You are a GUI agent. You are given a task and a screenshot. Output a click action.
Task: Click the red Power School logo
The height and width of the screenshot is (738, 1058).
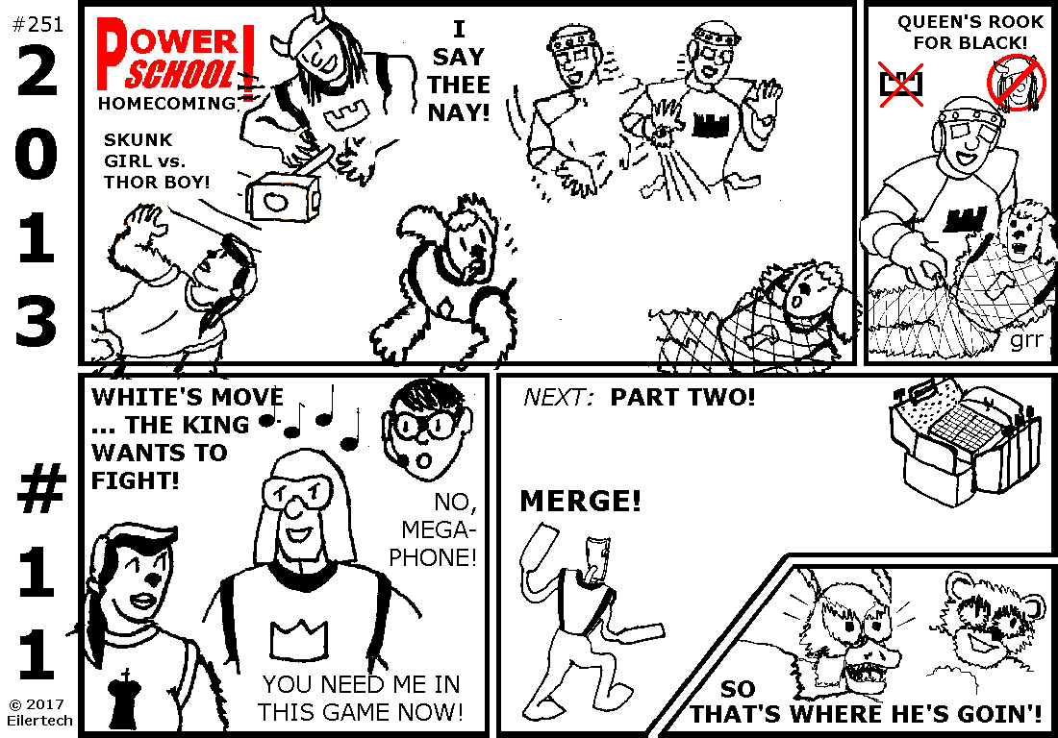(175, 57)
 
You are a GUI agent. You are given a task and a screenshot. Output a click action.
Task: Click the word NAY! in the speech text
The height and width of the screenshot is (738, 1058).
(459, 112)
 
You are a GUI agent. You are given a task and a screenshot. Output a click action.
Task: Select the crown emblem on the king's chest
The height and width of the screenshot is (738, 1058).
(299, 640)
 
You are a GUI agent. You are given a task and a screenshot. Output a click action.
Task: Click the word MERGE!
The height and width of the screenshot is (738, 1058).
(580, 502)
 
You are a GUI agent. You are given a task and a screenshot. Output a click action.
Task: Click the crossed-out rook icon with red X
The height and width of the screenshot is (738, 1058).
(901, 84)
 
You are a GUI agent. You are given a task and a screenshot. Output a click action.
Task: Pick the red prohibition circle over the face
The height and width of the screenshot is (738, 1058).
(1016, 84)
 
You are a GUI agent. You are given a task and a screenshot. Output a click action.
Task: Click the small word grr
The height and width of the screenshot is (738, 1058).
(1027, 339)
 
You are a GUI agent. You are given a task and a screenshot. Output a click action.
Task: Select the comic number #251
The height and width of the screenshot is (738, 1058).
(38, 24)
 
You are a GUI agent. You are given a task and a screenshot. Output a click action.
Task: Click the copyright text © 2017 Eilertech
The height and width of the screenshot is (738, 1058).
(39, 712)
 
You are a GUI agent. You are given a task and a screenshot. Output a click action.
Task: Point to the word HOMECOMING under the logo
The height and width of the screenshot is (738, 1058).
(167, 103)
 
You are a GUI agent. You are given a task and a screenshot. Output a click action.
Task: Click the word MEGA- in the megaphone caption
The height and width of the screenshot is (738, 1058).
(439, 529)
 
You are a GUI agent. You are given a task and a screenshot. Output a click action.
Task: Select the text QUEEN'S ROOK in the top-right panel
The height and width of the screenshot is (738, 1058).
(970, 21)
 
